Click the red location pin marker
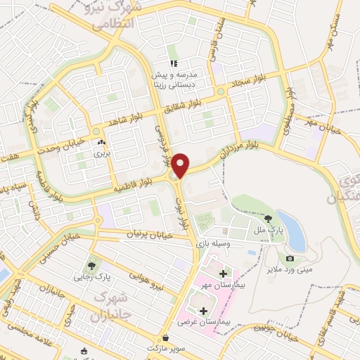181,165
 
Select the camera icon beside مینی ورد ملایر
290,259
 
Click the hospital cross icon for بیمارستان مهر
224,273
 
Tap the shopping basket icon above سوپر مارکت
165,337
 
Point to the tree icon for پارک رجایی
91,266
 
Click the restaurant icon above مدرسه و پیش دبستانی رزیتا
172,64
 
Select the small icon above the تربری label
103,141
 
